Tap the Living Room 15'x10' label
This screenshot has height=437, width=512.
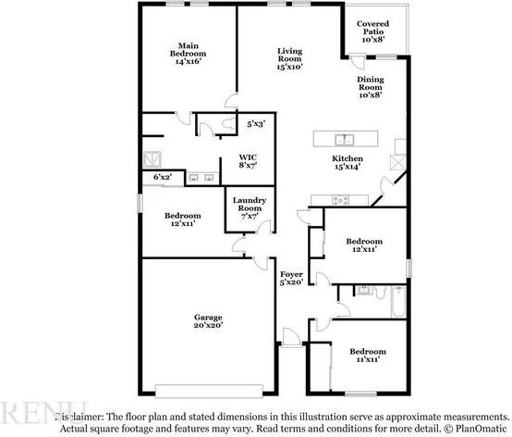coord(291,58)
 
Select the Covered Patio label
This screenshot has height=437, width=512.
coord(373,31)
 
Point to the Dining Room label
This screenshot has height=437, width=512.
coord(370,86)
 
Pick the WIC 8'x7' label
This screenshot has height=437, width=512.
coord(249,160)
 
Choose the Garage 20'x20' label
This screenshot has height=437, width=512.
coord(208,320)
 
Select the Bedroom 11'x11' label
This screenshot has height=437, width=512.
coord(367,356)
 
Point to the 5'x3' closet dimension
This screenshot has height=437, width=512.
coord(255,123)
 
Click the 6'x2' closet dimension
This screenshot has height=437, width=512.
coord(162,176)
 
